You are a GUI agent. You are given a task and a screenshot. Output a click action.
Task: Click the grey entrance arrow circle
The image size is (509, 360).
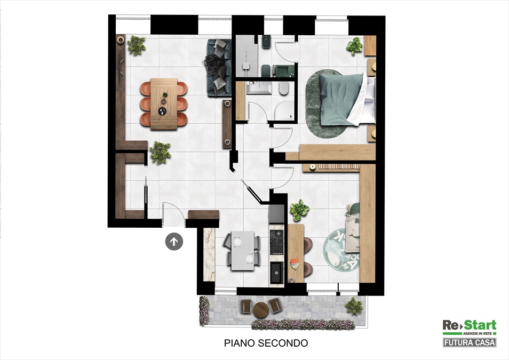point(174,242)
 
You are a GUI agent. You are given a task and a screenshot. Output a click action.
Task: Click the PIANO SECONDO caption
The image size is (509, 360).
point(266,343)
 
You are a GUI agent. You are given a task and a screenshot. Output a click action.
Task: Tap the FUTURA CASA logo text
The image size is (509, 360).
point(470,342)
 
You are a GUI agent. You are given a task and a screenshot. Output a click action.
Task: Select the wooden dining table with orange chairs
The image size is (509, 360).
point(164,104)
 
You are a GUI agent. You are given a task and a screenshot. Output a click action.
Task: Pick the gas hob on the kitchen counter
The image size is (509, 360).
point(277,242)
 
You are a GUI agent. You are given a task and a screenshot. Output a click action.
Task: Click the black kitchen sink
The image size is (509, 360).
point(277,273)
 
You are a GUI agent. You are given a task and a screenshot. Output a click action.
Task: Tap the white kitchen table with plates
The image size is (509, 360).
point(242,251)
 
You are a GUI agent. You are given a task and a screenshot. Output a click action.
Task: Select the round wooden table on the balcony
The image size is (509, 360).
point(260,310)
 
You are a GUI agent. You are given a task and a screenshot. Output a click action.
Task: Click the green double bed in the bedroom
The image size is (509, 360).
point(347,99)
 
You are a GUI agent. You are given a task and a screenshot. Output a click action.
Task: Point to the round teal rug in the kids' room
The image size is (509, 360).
point(340,250)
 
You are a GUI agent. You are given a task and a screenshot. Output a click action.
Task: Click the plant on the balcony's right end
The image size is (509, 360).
point(354,306)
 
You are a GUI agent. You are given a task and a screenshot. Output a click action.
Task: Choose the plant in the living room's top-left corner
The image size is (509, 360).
point(136,45)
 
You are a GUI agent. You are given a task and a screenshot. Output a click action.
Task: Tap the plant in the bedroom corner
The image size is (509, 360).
point(354,46)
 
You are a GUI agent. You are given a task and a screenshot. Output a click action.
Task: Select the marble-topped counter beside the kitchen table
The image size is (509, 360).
point(209,254)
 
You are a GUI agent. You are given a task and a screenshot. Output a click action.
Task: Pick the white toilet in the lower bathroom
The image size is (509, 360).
point(284,89)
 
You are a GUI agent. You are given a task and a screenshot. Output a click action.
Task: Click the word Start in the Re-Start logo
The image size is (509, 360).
point(480,325)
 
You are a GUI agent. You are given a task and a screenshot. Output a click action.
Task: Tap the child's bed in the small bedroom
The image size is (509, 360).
point(352,227)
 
